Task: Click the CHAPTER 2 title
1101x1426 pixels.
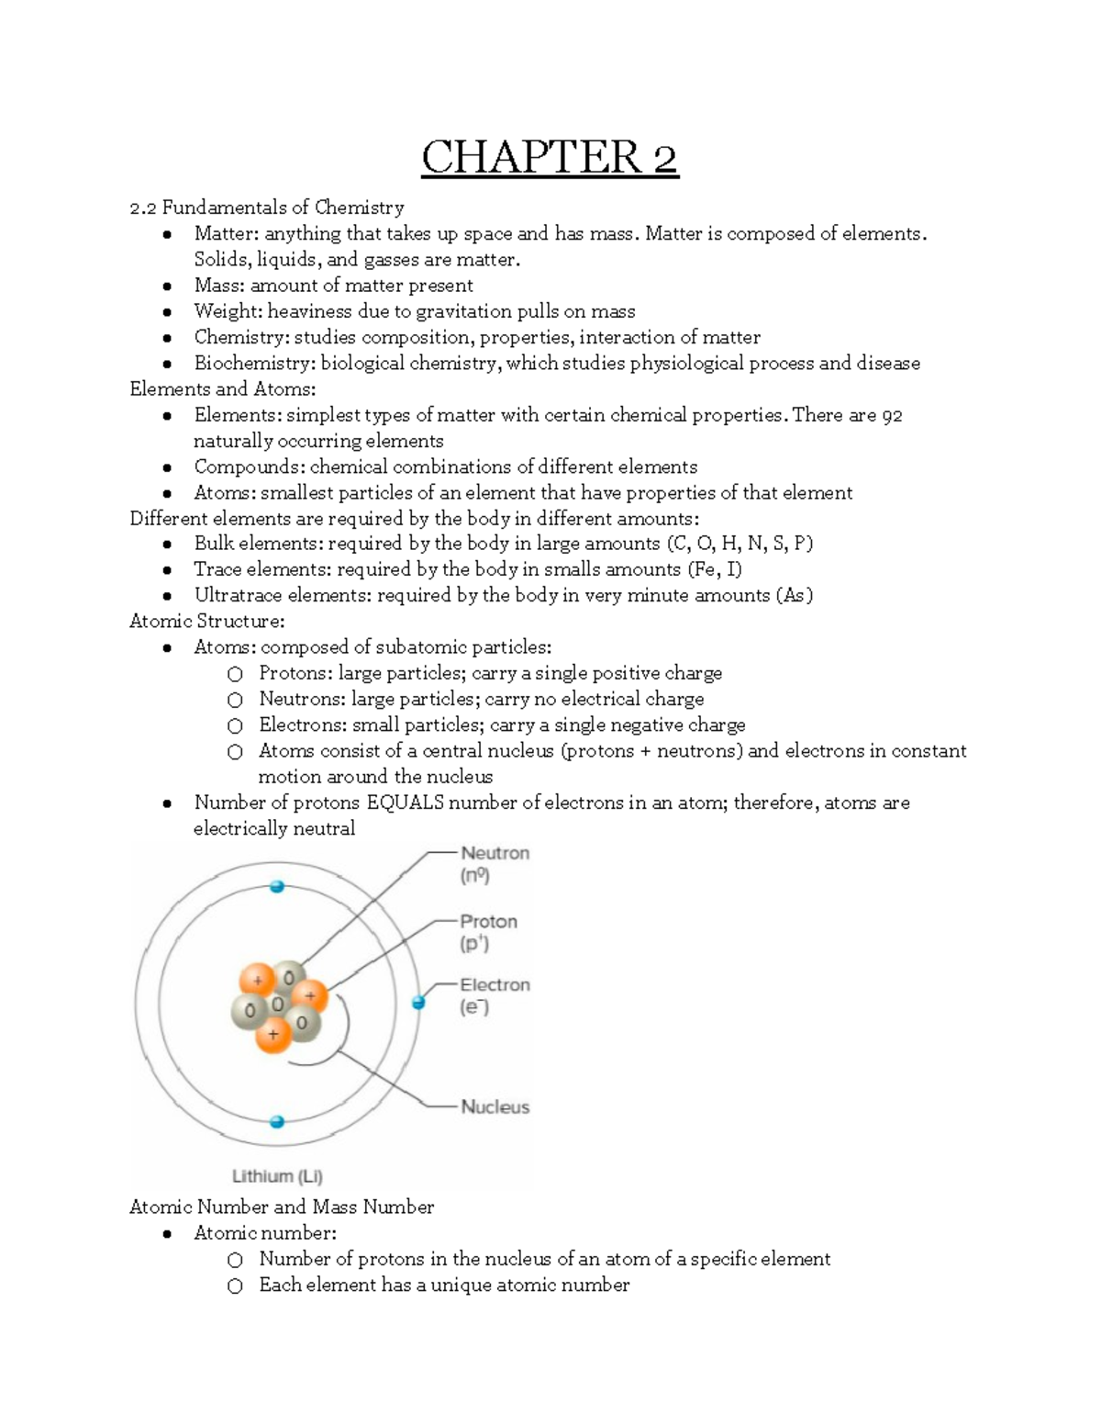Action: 550,157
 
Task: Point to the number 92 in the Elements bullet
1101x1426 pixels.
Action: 891,416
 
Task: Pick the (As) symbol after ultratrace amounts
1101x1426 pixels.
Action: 794,596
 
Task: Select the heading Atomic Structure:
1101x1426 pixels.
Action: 206,622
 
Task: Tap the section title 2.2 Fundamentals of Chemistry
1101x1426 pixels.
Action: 266,208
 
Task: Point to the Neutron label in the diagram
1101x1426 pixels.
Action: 495,853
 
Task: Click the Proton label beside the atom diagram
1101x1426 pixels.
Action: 488,922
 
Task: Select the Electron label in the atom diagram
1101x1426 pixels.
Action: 495,985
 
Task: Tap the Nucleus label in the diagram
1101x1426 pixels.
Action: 495,1107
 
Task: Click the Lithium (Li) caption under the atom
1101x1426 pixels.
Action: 277,1176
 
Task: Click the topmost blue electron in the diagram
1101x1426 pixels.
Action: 276,887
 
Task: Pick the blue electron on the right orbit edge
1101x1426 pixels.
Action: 418,1003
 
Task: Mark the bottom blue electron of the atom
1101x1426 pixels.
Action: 276,1122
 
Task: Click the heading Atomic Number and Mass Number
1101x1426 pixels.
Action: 282,1207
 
